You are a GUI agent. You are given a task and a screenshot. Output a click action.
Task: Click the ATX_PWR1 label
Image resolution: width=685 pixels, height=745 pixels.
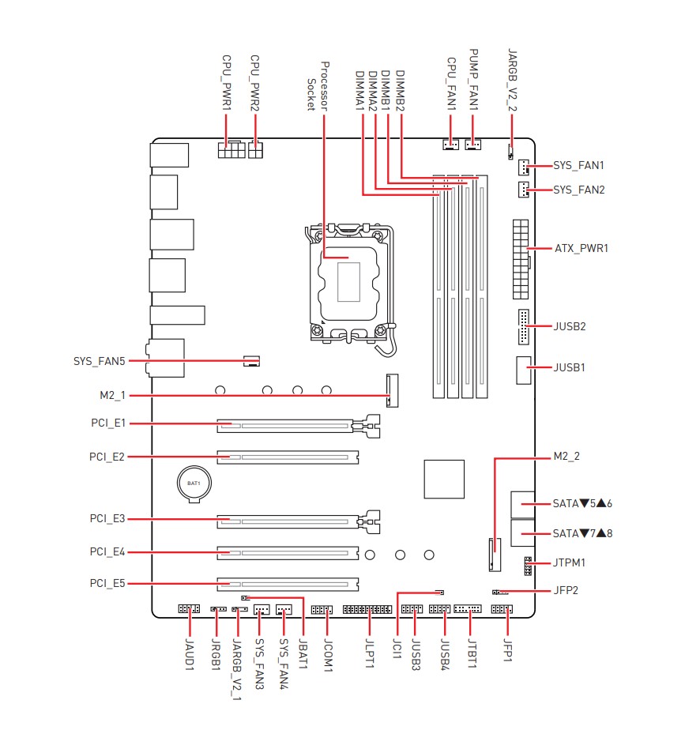[581, 248]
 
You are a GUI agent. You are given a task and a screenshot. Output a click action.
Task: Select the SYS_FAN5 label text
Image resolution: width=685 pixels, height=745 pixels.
[100, 362]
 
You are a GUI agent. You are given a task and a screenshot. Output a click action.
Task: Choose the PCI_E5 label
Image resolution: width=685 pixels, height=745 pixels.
[107, 584]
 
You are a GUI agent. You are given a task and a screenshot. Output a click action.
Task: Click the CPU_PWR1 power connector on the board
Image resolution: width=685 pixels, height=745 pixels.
[229, 149]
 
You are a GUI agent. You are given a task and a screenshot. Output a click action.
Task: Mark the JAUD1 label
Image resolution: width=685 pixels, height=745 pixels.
[190, 654]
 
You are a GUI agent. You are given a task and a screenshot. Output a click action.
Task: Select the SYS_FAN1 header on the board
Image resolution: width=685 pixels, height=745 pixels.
[524, 167]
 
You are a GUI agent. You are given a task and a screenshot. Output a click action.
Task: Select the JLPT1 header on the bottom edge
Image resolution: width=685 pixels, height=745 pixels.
[367, 610]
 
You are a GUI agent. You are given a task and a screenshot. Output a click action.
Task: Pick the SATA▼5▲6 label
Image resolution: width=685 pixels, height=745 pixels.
[583, 502]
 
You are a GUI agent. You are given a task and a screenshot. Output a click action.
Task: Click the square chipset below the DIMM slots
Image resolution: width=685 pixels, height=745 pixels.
[446, 478]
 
